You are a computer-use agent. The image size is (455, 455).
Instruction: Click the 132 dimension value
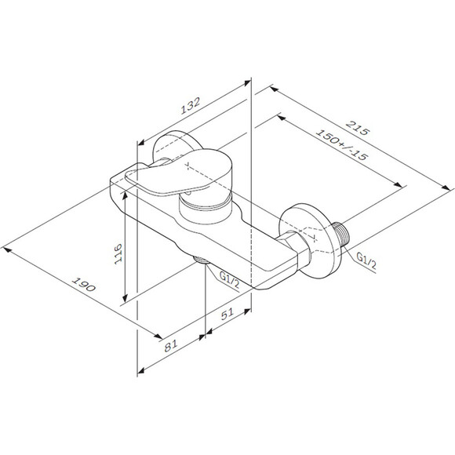click(191, 106)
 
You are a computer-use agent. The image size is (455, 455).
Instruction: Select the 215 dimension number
click(358, 128)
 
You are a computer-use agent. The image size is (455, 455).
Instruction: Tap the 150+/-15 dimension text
click(342, 145)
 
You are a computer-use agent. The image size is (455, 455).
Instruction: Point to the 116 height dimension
click(118, 253)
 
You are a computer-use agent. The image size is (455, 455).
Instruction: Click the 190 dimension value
click(84, 284)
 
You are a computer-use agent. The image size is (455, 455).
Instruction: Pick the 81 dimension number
click(171, 346)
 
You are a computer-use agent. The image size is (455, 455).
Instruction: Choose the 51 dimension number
click(227, 314)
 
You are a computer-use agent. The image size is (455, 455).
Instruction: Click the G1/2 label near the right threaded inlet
click(366, 261)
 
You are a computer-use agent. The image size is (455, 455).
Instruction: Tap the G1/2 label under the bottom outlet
click(230, 280)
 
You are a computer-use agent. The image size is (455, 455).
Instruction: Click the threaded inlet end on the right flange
click(341, 235)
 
